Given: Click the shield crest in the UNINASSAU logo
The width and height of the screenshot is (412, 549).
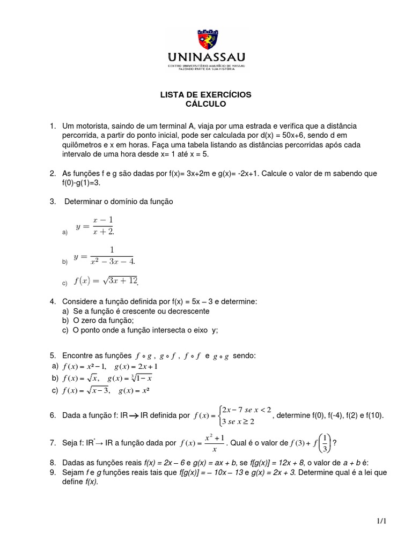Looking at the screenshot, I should pyautogui.click(x=207, y=40).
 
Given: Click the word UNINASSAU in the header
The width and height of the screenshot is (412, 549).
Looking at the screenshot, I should pyautogui.click(x=206, y=57).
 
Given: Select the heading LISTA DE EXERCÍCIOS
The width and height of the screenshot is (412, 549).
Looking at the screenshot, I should pyautogui.click(x=206, y=94).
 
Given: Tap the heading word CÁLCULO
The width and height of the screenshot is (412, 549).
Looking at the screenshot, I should pyautogui.click(x=206, y=103).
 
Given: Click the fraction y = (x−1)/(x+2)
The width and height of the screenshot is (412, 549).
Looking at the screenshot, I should pyautogui.click(x=96, y=225).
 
